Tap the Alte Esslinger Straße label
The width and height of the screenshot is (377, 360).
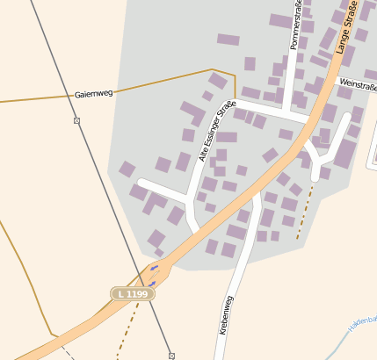[212, 133]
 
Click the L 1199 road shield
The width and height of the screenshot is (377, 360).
[133, 292]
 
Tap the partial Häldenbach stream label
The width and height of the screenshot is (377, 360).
[362, 325]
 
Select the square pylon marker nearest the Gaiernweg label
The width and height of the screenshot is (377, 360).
[77, 120]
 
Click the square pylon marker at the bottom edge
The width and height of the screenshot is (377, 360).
[171, 356]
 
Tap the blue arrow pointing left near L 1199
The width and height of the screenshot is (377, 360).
[154, 267]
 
